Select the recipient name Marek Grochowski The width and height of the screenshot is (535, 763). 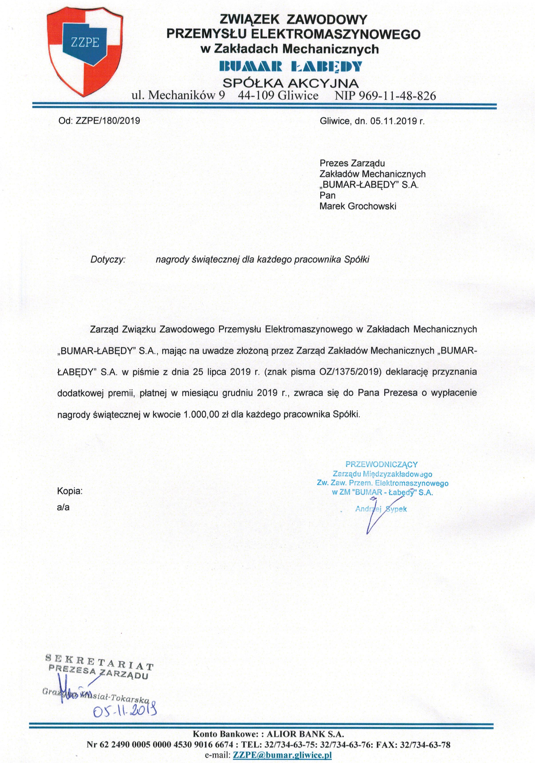pyautogui.click(x=358, y=206)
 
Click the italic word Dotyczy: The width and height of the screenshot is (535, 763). pyautogui.click(x=108, y=260)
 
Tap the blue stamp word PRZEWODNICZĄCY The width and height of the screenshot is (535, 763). pyautogui.click(x=382, y=465)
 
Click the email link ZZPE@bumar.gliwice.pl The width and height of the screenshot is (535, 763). pyautogui.click(x=282, y=755)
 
